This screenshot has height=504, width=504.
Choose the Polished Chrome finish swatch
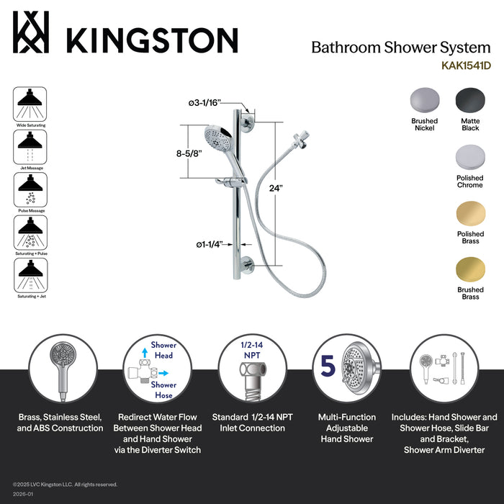[x=469, y=157]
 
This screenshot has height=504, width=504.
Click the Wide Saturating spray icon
[x=30, y=104]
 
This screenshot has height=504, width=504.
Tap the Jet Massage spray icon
[x=30, y=147]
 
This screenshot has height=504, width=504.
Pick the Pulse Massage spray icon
[x=30, y=189]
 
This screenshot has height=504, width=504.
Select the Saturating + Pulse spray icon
[x=30, y=233]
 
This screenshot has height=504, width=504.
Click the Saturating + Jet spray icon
[x=30, y=275]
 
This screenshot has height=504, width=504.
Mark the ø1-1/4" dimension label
[x=210, y=244]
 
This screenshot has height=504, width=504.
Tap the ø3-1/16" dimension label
[x=205, y=103]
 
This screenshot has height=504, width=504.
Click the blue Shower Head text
[x=163, y=350]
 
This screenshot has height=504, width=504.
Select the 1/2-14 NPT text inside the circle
[x=248, y=350]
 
